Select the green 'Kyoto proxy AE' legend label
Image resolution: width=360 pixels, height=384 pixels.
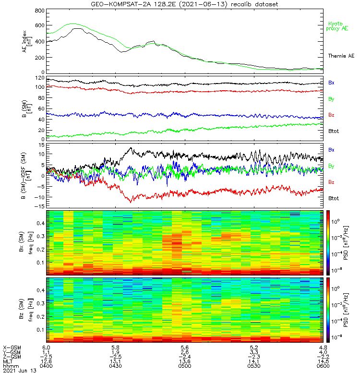(x=338, y=26)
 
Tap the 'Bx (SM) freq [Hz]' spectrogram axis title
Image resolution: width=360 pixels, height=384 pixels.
(x=24, y=242)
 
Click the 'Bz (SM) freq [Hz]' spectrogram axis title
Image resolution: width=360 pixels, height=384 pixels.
(x=24, y=310)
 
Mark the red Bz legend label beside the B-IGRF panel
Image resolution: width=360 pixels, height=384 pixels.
(x=331, y=182)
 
